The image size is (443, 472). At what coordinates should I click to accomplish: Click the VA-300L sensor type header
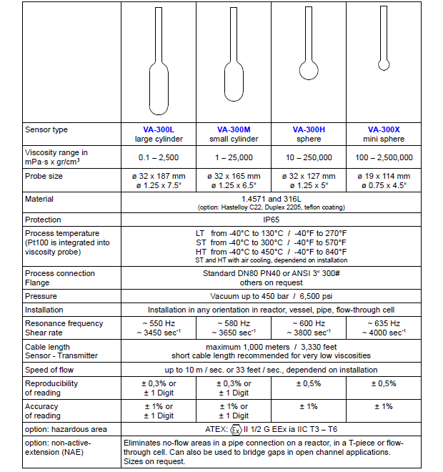click(159, 129)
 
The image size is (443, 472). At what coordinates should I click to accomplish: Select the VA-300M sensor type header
click(234, 129)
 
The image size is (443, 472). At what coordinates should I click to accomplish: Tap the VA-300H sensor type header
click(309, 129)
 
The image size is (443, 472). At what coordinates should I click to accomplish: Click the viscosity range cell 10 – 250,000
click(309, 157)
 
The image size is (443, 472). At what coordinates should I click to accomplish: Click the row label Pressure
click(41, 296)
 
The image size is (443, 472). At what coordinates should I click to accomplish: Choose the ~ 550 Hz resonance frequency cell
click(159, 329)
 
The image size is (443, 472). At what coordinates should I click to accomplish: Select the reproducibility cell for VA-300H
click(309, 383)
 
